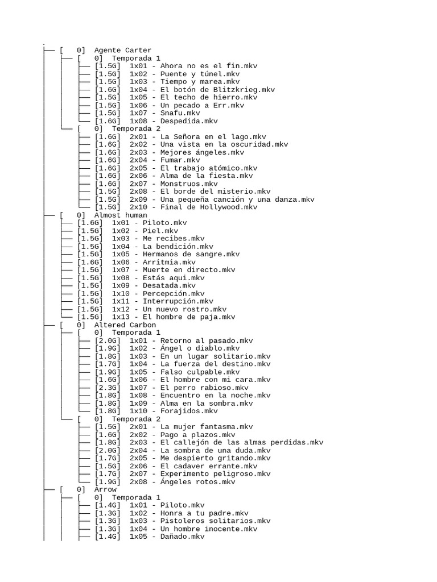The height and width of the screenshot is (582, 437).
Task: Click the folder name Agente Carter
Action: [122, 50]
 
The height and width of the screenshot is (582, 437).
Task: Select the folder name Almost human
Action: [120, 215]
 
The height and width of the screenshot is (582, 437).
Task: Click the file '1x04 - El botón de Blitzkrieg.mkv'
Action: [202, 89]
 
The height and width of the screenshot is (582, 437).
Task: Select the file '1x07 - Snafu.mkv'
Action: [164, 113]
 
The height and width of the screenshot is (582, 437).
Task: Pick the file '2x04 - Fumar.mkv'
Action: [164, 160]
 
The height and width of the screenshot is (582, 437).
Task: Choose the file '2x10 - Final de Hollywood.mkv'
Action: [193, 207]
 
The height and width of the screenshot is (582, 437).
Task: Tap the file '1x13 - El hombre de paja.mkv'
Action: [173, 317]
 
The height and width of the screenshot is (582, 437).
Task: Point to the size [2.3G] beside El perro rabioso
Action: [107, 388]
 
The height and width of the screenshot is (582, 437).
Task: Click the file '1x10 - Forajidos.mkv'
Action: [173, 411]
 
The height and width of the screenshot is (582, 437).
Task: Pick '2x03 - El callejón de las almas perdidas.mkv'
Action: [226, 442]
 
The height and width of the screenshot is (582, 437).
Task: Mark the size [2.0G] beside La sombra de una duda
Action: [107, 450]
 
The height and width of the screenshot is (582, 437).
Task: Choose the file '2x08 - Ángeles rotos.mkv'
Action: [182, 482]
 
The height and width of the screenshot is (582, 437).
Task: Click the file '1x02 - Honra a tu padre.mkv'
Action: [189, 513]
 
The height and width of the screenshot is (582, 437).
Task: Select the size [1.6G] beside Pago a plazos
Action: [107, 435]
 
